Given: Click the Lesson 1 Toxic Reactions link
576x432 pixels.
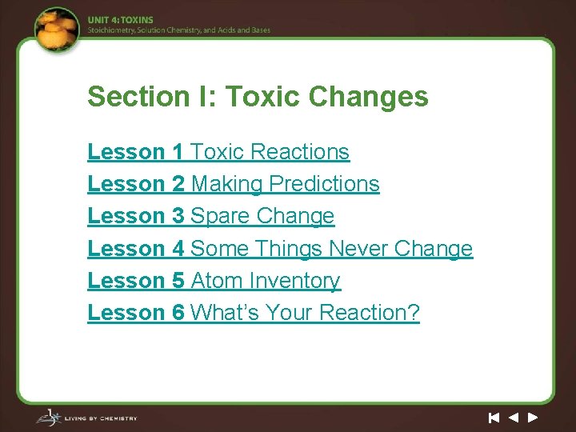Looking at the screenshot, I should [x=218, y=152].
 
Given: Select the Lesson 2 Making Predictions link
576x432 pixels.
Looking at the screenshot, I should [x=233, y=184].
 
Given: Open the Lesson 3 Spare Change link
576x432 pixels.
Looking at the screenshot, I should [x=210, y=216].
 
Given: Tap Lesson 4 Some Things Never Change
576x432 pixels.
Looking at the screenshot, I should [x=280, y=249].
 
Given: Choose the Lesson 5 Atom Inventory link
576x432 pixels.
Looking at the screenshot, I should [x=214, y=281].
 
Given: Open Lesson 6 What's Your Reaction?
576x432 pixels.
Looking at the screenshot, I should [x=253, y=313].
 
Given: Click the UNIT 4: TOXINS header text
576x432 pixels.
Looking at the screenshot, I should [x=121, y=19].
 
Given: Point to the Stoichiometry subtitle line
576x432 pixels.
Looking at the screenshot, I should [x=179, y=30].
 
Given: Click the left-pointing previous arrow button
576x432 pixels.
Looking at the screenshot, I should [x=514, y=417].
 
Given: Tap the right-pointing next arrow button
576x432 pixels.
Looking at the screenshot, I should [x=533, y=417].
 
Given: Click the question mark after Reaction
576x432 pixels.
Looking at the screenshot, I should [x=413, y=313].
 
